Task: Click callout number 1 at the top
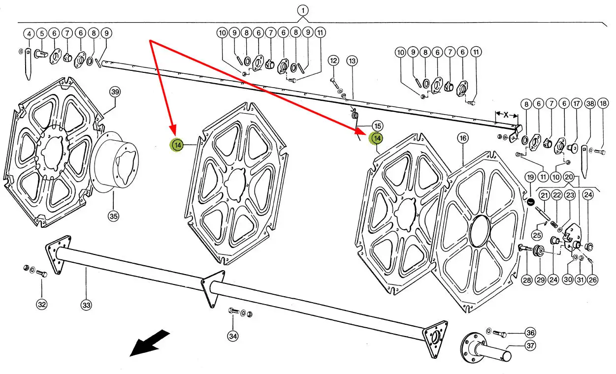303,10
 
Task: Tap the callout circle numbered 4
29,33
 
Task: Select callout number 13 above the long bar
352,61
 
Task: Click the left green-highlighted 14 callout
177,145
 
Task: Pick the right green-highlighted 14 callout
377,139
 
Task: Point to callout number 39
115,92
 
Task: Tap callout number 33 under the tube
86,305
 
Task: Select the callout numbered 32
42,305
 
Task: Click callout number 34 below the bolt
233,337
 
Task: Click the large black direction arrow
149,343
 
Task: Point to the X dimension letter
506,114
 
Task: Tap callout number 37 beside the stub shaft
530,346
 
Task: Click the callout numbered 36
530,332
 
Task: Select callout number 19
530,177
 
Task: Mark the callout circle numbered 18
603,104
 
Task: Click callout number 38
590,104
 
